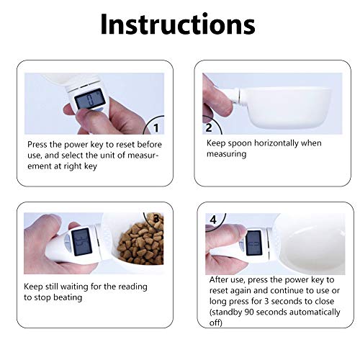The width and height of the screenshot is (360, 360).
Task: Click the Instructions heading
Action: coord(178,24)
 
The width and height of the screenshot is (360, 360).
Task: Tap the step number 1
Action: coord(156,128)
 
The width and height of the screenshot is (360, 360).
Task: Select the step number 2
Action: coord(209,127)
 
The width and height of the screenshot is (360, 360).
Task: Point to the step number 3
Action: coord(156,219)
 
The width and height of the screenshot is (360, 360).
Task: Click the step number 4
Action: coord(213,220)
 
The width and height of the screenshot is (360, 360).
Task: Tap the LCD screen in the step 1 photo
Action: coord(90,99)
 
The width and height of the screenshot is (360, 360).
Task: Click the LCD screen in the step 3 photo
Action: coord(82,242)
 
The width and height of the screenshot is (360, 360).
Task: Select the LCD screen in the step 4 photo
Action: coord(253,243)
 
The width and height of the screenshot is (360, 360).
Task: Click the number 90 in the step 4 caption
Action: coord(249,312)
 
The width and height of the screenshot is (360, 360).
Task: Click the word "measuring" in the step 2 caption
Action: coord(227,154)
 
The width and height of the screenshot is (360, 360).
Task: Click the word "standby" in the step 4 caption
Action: coord(225,312)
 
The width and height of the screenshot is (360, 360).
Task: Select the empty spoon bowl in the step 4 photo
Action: coord(310,245)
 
